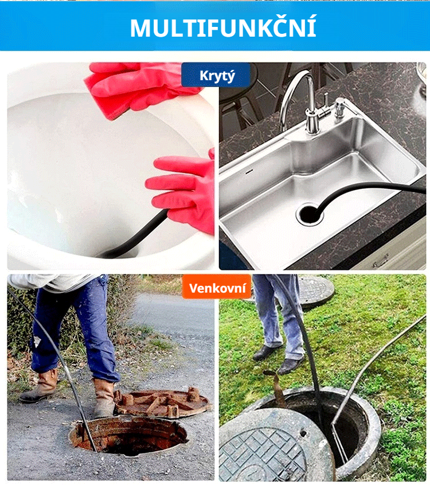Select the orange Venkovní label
[x=217, y=286]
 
